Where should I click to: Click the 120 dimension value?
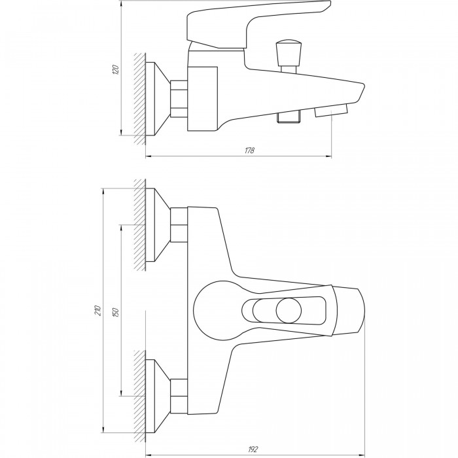[x=116, y=69]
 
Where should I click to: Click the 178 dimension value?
[x=249, y=150]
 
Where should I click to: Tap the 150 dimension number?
[x=116, y=312]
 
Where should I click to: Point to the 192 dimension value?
[x=253, y=449]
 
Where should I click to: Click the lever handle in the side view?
[x=258, y=24]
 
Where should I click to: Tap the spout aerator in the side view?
[x=331, y=111]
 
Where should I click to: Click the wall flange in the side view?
[x=158, y=99]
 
